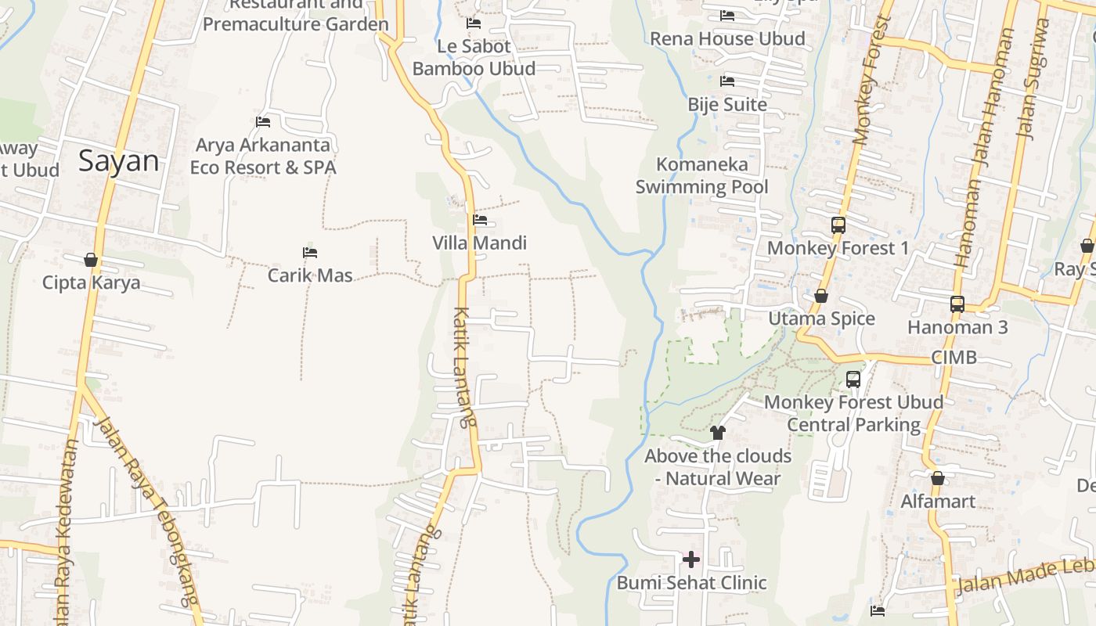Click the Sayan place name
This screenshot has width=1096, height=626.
(118, 161)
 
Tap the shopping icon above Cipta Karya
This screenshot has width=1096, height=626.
(91, 260)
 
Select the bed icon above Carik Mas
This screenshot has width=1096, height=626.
(310, 253)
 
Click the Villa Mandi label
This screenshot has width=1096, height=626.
(479, 243)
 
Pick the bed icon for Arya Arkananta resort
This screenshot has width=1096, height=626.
(263, 122)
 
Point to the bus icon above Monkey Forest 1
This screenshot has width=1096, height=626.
(838, 225)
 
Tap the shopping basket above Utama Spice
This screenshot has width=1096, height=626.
(821, 296)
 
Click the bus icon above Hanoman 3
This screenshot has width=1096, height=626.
(957, 304)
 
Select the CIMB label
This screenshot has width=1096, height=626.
(954, 358)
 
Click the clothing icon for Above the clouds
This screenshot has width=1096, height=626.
(717, 433)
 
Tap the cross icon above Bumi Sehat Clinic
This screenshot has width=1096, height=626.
(691, 559)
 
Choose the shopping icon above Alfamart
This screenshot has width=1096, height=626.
(938, 478)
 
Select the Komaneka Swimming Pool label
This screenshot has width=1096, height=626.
(701, 176)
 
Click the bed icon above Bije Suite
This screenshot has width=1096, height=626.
(727, 81)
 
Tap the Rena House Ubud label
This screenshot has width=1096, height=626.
(727, 39)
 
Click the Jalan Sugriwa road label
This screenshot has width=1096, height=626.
(1032, 78)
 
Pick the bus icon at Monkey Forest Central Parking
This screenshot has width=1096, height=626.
(853, 380)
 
